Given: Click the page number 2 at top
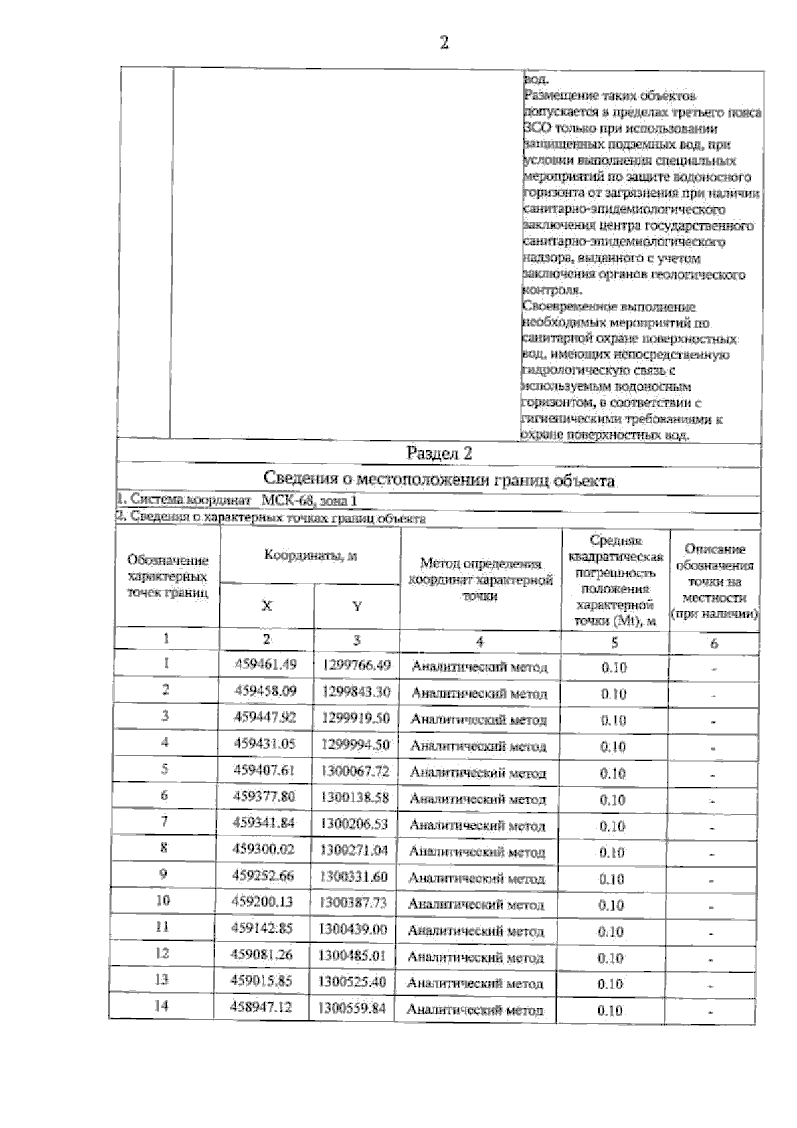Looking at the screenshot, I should click(444, 43).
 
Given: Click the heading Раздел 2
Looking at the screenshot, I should click(439, 454).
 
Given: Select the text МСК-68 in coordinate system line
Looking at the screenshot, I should click(283, 500).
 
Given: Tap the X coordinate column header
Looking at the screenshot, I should click(266, 606).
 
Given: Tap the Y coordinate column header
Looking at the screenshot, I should click(357, 606).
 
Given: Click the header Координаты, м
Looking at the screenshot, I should click(310, 556).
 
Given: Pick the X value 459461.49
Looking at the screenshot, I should click(266, 664).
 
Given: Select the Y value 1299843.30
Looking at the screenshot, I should click(356, 692).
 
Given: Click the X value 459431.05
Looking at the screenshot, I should click(264, 744).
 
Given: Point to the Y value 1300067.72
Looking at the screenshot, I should click(355, 771).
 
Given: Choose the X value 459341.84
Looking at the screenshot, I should click(264, 824).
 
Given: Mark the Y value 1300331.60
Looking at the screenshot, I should click(354, 876).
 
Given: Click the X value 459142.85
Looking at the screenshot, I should click(262, 929).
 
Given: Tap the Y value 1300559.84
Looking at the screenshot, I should click(352, 1008).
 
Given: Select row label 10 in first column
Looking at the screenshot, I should click(163, 901).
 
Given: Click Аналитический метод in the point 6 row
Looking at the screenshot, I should click(478, 800).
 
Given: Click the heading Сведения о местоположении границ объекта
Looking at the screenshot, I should click(439, 480).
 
